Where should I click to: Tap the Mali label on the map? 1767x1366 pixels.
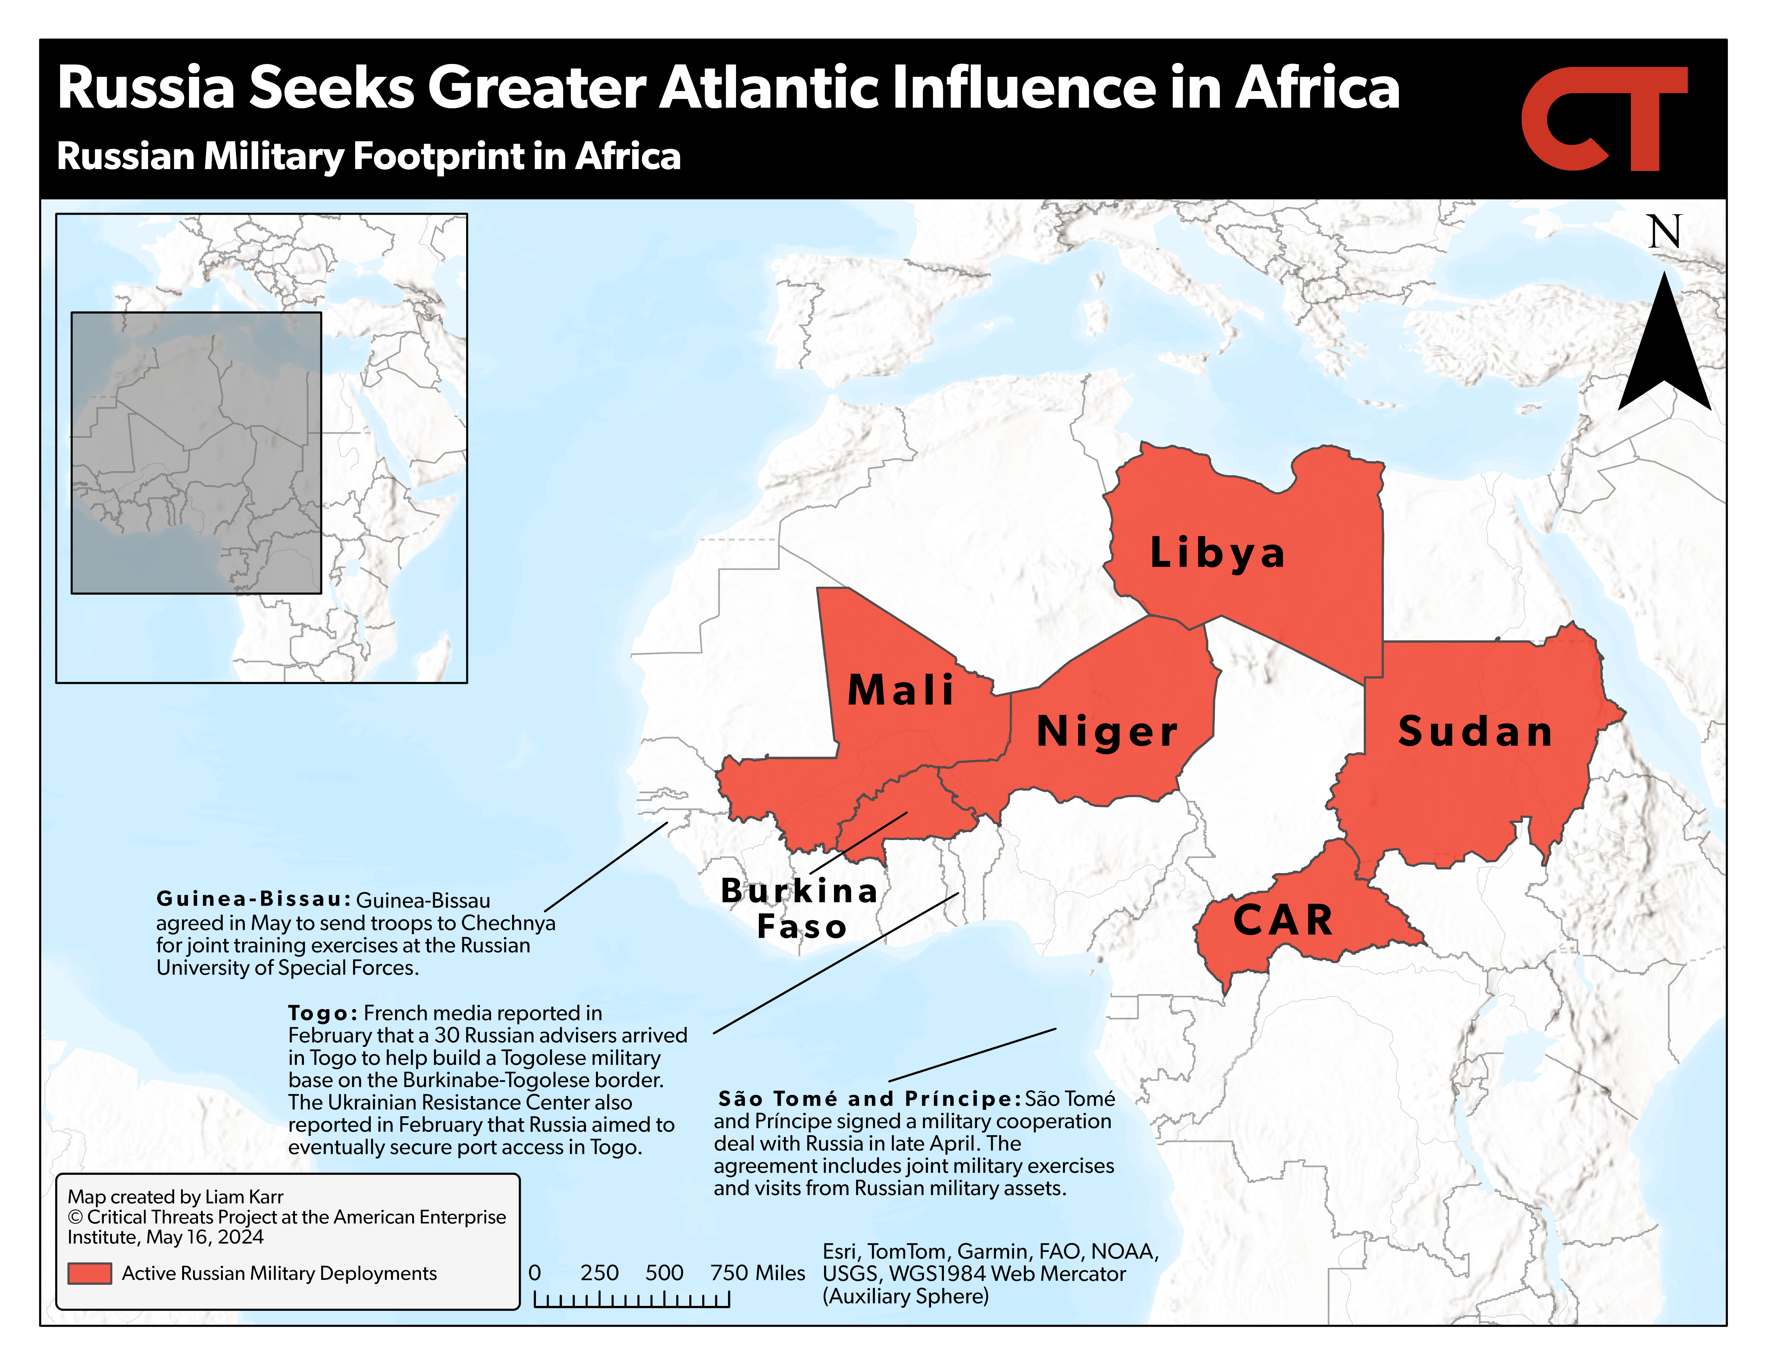click(x=901, y=690)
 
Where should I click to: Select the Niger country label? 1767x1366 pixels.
click(x=1107, y=732)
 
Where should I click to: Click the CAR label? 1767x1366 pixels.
click(x=1283, y=920)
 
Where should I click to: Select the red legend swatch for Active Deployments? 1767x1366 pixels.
click(x=90, y=1273)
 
